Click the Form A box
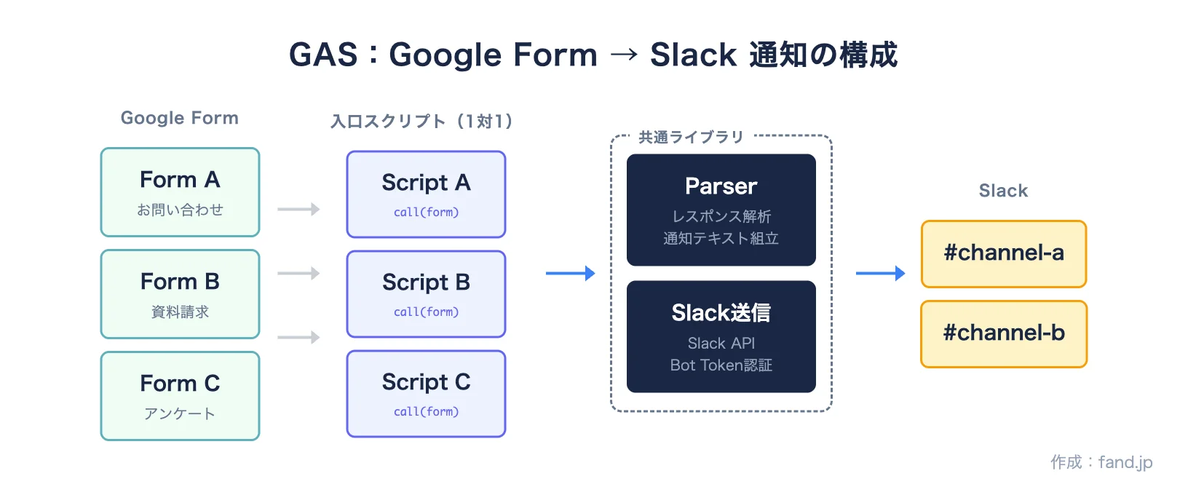tap(180, 192)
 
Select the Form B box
tap(180, 294)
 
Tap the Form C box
tap(180, 396)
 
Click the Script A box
tap(426, 194)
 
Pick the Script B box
tap(426, 294)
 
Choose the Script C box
tap(426, 394)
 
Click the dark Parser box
tap(721, 210)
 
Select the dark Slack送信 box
tap(721, 336)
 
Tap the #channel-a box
tap(1003, 254)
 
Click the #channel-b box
tap(1003, 334)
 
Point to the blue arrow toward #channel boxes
tap(880, 274)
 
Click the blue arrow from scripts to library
tap(570, 274)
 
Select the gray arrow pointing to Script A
tap(298, 210)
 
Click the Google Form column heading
tap(179, 118)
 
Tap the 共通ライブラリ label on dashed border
tap(690, 137)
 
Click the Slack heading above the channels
tap(1003, 191)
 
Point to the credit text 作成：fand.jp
tap(1101, 462)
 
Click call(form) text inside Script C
tap(426, 411)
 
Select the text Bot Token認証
tap(721, 365)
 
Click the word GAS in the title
tap(323, 55)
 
